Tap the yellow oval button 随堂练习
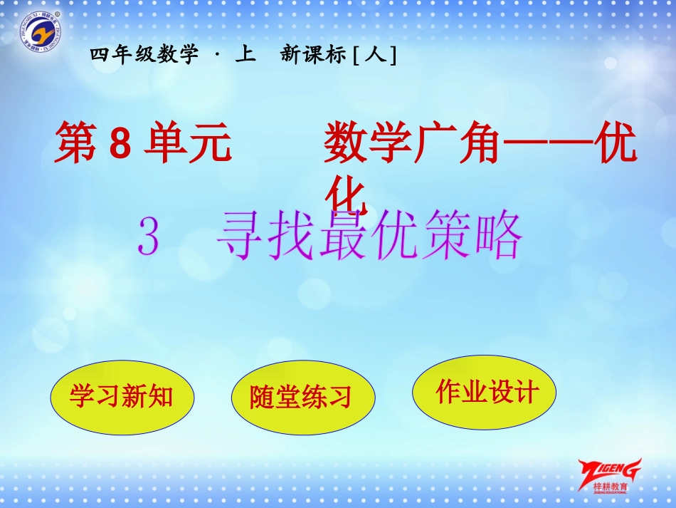pyautogui.click(x=302, y=397)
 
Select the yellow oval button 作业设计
pyautogui.click(x=485, y=391)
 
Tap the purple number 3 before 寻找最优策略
pyautogui.click(x=148, y=237)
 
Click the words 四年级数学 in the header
pyautogui.click(x=145, y=55)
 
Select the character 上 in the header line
pyautogui.click(x=244, y=55)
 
